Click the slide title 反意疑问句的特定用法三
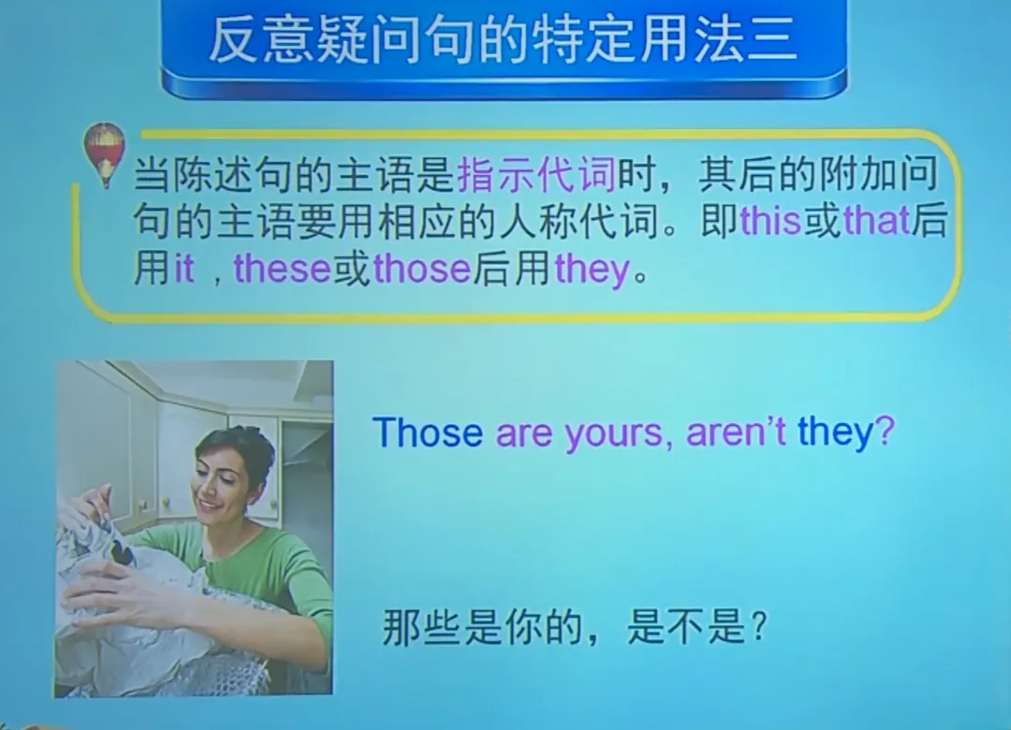(x=504, y=42)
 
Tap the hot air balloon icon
(x=104, y=152)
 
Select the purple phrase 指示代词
(x=536, y=175)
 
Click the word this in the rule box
(x=770, y=222)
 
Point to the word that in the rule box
(x=876, y=222)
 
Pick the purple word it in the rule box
(x=184, y=270)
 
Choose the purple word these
(x=282, y=270)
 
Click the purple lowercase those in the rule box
(x=421, y=270)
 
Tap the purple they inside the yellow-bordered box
(x=593, y=270)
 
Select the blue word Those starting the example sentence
(x=427, y=432)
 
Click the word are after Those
(x=524, y=434)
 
